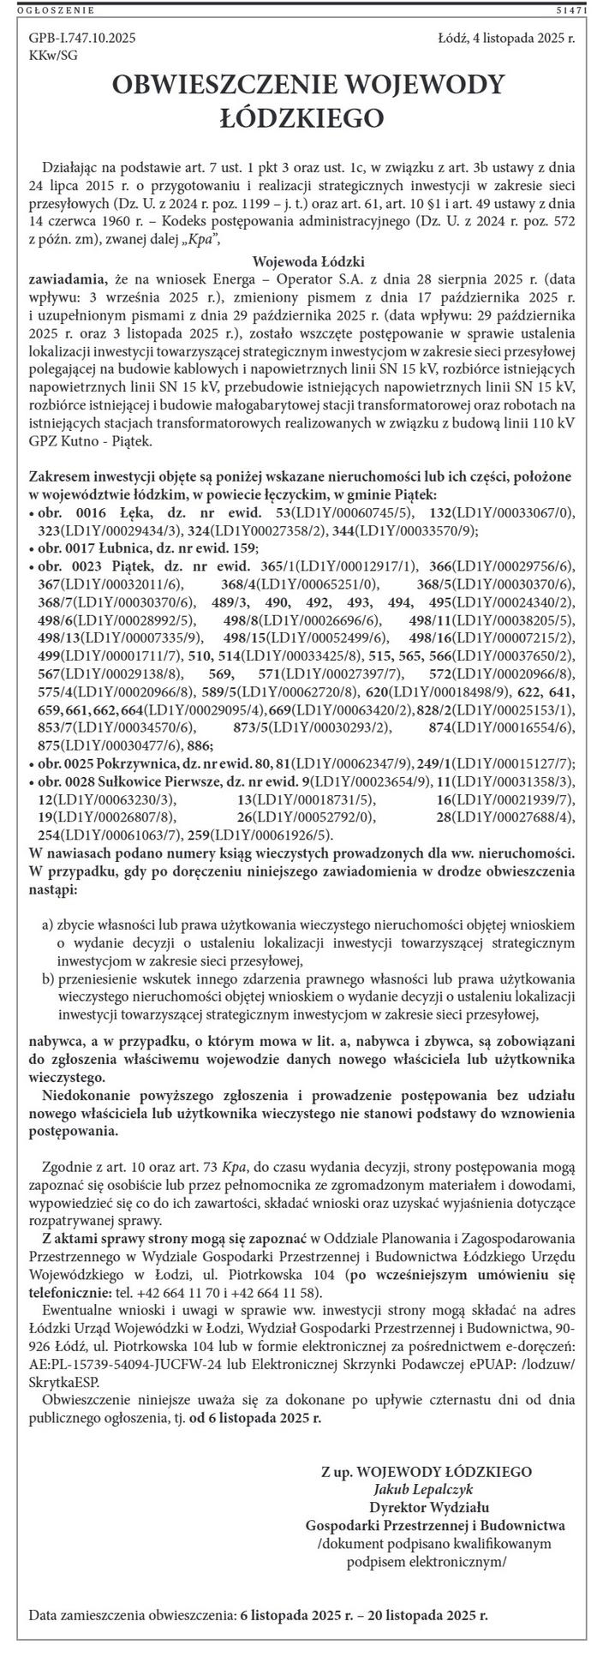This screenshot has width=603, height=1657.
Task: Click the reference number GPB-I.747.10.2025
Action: coord(82,39)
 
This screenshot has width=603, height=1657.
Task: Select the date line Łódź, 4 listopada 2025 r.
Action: coord(505,39)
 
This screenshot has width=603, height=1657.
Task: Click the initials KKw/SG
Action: coord(52,54)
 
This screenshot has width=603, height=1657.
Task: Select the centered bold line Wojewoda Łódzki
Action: coord(309,262)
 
